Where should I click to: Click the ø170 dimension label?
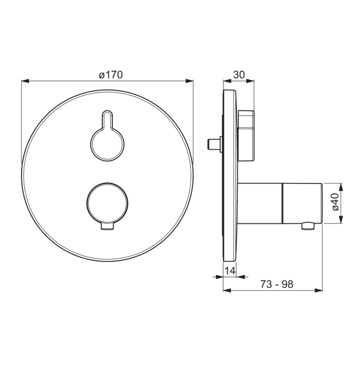tap(111, 75)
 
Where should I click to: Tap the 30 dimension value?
tap(239, 75)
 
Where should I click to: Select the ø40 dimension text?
tap(336, 202)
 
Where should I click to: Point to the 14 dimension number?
tap(230, 270)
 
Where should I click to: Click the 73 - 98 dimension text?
tap(277, 284)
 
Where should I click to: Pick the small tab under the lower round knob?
tap(108, 226)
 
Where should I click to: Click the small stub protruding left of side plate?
tap(214, 144)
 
